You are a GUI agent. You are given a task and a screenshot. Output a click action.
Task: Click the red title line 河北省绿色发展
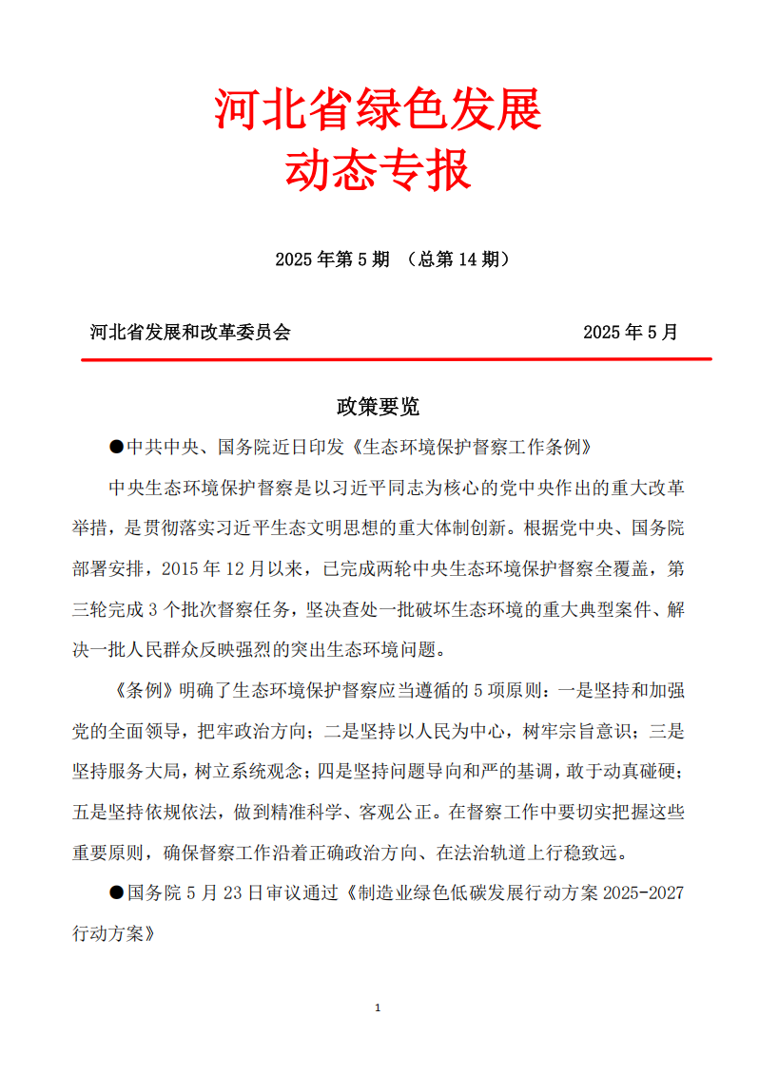379,111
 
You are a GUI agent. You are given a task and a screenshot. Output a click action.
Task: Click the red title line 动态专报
379,172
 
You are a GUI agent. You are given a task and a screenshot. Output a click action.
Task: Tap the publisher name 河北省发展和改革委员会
190,332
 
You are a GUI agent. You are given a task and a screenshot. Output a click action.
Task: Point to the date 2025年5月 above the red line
631,332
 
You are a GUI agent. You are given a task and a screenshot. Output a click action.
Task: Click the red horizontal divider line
397,359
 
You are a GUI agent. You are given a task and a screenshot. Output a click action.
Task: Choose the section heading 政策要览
378,407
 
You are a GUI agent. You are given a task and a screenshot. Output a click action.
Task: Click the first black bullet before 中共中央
117,447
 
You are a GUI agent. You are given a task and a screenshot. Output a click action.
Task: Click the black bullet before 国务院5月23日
117,893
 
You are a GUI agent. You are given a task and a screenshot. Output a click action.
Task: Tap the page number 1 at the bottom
379,1007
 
